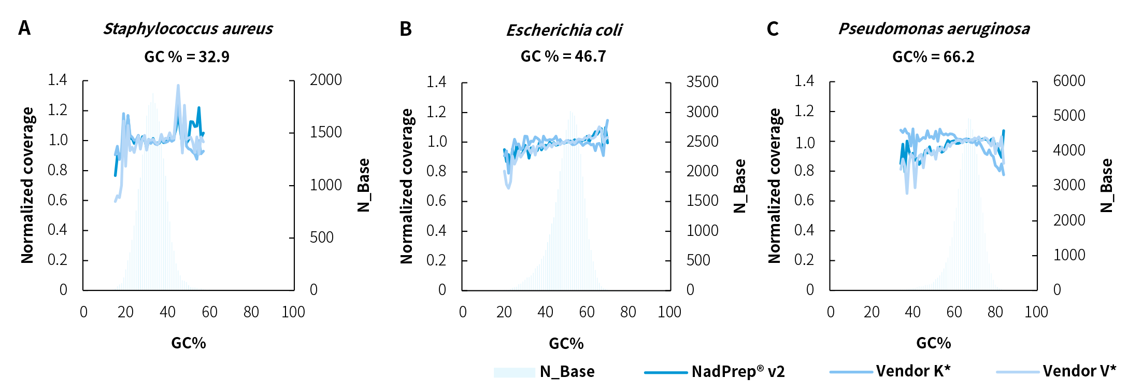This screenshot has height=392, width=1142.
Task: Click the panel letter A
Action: pos(24,28)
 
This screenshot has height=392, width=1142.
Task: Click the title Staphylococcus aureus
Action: pos(188,29)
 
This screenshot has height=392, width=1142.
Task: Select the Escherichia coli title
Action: pos(564,30)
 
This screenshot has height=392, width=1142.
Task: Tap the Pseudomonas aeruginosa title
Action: pos(934,29)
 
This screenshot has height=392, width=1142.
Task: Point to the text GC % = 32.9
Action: pos(187,57)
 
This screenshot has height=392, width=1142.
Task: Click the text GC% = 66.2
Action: pos(933,57)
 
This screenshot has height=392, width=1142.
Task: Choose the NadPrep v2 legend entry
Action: pos(738,371)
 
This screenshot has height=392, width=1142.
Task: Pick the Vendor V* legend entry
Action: pos(1079,371)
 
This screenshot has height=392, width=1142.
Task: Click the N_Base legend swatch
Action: pos(514,372)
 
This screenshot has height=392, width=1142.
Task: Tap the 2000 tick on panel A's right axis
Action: pos(325,80)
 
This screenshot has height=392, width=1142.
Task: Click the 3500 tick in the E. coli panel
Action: pos(702,82)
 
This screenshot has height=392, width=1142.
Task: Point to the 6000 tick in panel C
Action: pos(1069,81)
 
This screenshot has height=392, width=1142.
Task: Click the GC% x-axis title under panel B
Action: pos(566,343)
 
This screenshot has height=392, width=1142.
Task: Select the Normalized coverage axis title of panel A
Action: pos(27,185)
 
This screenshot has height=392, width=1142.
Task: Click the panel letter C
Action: pos(773,29)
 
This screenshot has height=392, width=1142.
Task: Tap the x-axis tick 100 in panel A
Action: pos(293,312)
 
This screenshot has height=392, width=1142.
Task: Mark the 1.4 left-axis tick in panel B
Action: pos(436,82)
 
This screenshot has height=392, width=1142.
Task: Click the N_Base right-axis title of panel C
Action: pos(1106,185)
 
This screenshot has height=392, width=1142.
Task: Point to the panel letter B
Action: pos(406,29)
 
